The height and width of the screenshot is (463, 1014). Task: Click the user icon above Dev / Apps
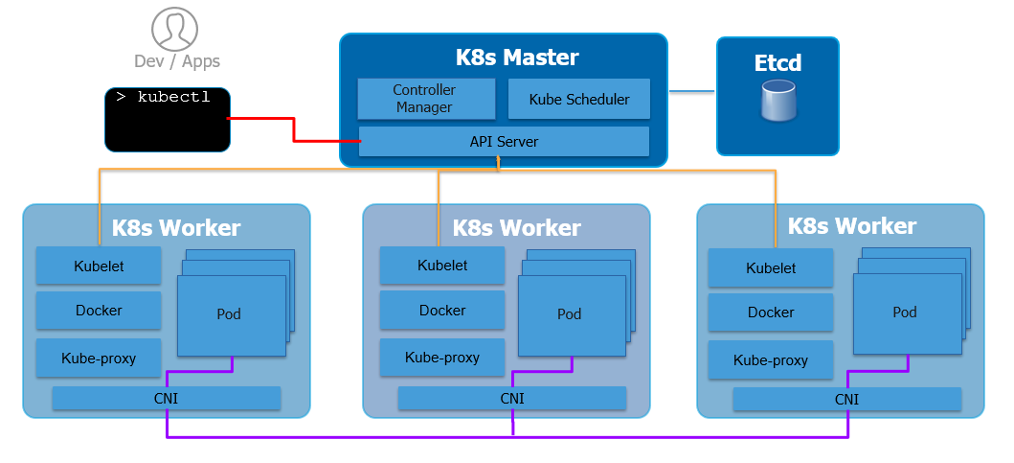click(176, 29)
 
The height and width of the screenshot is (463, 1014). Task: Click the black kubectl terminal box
click(168, 120)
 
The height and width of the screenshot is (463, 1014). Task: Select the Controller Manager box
click(426, 99)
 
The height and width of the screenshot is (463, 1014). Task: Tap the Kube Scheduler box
click(579, 99)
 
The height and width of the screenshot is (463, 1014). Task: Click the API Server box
click(504, 142)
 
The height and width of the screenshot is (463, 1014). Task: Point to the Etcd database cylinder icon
click(778, 102)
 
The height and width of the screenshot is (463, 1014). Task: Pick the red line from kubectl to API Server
click(293, 130)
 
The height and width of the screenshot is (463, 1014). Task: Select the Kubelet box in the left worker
click(99, 266)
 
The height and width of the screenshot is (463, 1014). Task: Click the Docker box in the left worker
click(99, 311)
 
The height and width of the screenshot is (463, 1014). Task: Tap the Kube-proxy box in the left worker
click(99, 359)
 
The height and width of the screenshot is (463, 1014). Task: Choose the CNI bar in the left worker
click(167, 398)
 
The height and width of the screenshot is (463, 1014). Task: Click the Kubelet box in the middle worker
click(442, 266)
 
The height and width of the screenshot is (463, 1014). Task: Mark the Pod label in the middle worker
click(570, 314)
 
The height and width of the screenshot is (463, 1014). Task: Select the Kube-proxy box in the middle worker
click(442, 358)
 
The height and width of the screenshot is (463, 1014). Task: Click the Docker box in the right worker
click(771, 313)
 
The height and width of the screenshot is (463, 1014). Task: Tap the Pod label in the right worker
click(905, 313)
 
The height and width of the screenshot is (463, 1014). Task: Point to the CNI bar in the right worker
click(846, 400)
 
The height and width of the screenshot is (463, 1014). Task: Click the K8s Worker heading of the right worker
click(851, 226)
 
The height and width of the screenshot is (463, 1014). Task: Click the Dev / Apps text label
click(177, 61)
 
